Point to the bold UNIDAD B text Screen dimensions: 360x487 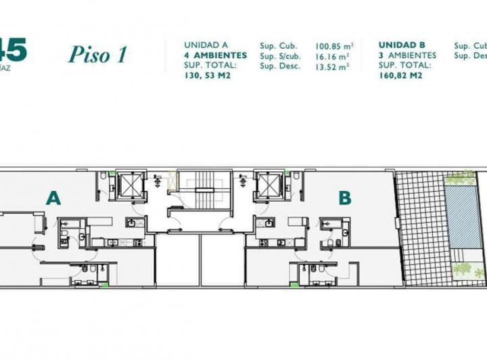point(402,45)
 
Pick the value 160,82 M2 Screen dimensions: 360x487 point(400,76)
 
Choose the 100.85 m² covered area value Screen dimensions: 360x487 point(332,47)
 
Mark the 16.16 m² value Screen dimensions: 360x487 point(332,57)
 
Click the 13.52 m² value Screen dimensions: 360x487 point(332,67)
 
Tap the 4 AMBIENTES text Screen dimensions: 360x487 point(211,55)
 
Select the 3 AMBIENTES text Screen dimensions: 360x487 point(407,55)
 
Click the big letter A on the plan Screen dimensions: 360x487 point(53,198)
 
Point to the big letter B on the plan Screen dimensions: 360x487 point(345,198)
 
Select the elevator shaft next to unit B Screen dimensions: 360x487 point(270,185)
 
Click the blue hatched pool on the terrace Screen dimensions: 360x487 point(463,217)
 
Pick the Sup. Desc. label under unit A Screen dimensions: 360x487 point(277,67)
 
